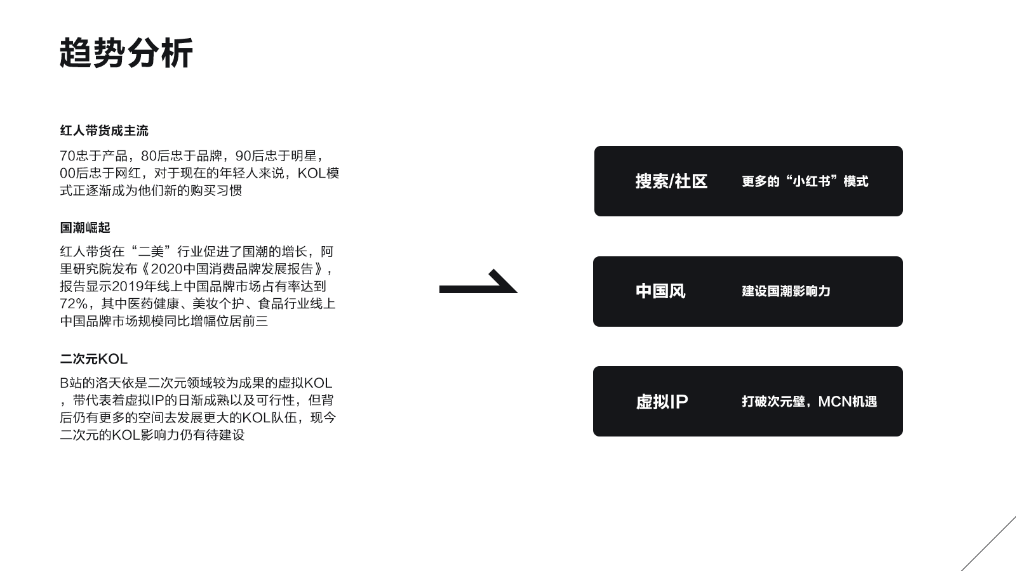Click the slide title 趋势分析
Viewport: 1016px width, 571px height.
(x=126, y=53)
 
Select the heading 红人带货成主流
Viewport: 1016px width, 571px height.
(x=104, y=131)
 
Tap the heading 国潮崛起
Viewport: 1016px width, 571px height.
(x=85, y=227)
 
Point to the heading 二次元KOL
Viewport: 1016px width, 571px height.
(x=93, y=359)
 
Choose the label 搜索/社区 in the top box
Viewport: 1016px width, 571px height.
(x=671, y=181)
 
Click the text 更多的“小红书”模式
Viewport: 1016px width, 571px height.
(x=805, y=181)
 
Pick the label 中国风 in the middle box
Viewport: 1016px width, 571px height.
(x=660, y=291)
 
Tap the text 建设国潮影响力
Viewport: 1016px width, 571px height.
(x=786, y=291)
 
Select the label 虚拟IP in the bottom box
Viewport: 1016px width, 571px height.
(x=662, y=402)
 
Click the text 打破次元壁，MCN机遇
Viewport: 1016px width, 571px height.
(x=809, y=402)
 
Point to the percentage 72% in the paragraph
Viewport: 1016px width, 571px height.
(x=74, y=304)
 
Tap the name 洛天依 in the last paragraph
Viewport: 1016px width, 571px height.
(x=127, y=383)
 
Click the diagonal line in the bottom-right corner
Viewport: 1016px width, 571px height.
(x=989, y=543)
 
